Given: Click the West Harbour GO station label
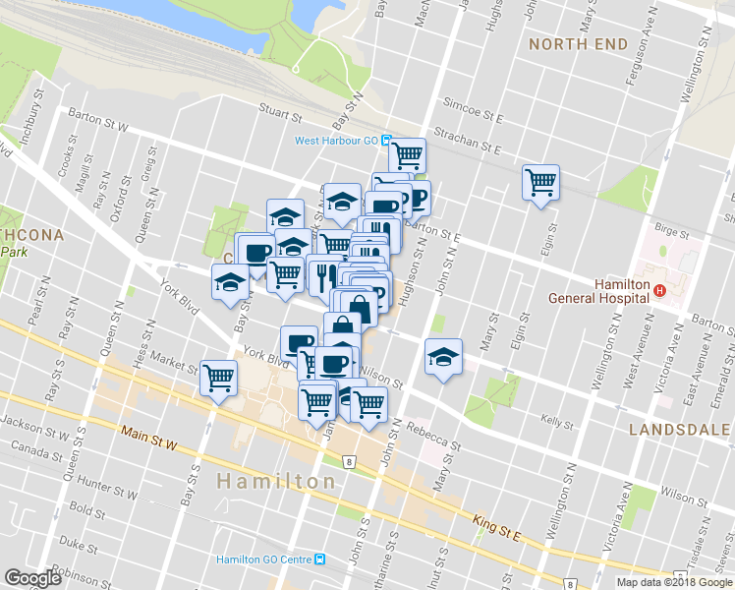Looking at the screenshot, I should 336,141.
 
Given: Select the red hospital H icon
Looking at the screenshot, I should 660,290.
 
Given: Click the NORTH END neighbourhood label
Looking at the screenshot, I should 578,44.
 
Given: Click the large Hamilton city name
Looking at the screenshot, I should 276,482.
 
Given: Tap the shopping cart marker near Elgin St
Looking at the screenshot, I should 540,181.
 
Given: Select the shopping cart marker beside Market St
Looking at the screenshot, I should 218,377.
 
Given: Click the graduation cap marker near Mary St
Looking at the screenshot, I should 443,356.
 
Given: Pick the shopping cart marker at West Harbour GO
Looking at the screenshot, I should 407,154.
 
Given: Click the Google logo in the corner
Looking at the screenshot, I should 32,578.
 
